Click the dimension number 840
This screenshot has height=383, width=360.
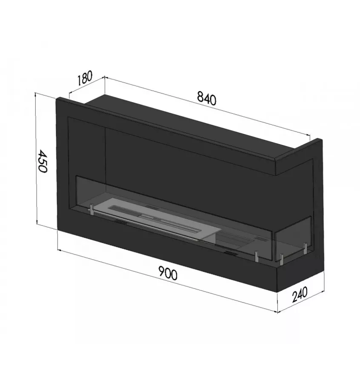click(x=207, y=98)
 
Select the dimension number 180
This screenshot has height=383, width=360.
click(x=85, y=78)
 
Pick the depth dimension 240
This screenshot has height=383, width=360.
click(x=300, y=294)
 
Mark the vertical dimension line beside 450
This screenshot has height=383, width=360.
click(x=36, y=160)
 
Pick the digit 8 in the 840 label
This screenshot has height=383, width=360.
click(x=200, y=97)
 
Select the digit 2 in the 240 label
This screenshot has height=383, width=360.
click(x=294, y=297)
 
